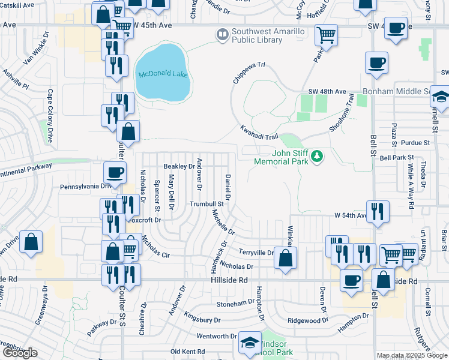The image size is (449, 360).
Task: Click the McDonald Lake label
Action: pyautogui.click(x=159, y=74)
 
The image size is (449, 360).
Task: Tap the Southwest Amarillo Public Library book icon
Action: pyautogui.click(x=223, y=35)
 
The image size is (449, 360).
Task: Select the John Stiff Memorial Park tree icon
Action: pyautogui.click(x=317, y=157)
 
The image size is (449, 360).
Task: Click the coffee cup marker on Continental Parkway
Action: pyautogui.click(x=115, y=172)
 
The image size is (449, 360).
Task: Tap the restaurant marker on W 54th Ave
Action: pyautogui.click(x=378, y=211)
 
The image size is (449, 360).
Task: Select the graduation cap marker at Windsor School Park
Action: pyautogui.click(x=249, y=344)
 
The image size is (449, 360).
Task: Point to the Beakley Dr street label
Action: pyautogui.click(x=179, y=166)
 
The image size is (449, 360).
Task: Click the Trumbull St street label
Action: pyautogui.click(x=206, y=204)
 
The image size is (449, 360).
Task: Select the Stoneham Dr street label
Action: pyautogui.click(x=235, y=303)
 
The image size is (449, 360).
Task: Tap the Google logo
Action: pyautogui.click(x=20, y=353)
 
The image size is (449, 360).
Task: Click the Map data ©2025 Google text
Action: pyautogui.click(x=412, y=355)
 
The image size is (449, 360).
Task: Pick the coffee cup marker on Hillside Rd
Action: pyautogui.click(x=351, y=280)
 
